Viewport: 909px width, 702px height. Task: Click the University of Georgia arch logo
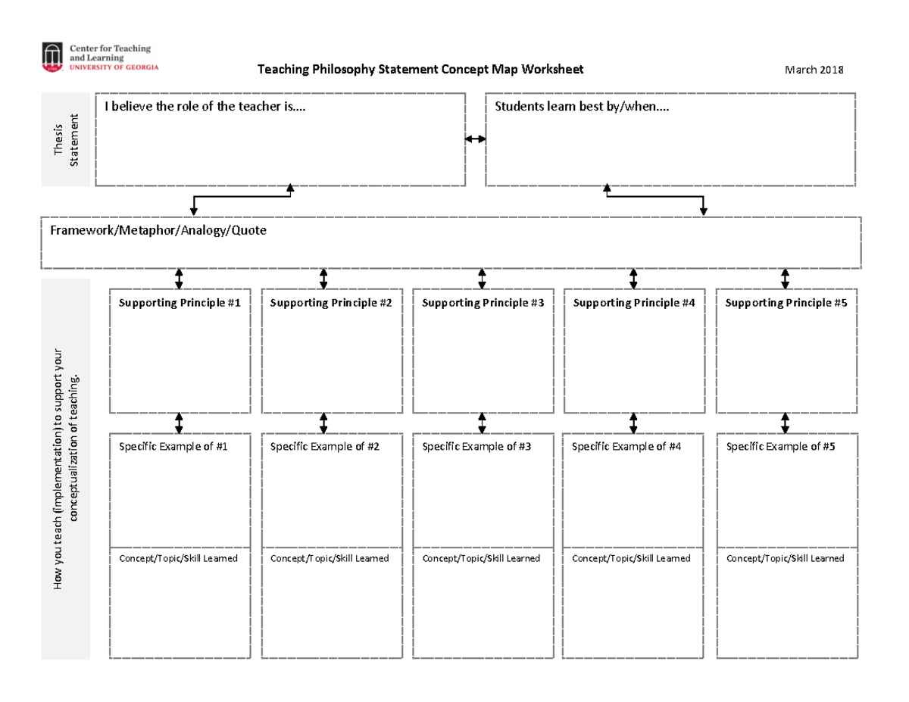pyautogui.click(x=52, y=57)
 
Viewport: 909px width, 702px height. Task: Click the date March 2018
pyautogui.click(x=814, y=70)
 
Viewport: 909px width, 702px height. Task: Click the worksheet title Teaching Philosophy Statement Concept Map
pyautogui.click(x=420, y=70)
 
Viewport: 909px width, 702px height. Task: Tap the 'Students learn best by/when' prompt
pyautogui.click(x=582, y=107)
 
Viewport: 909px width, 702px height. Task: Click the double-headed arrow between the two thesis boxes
pyautogui.click(x=476, y=139)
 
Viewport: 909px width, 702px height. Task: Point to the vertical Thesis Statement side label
pyautogui.click(x=67, y=140)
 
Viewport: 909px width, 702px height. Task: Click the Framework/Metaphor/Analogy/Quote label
pyautogui.click(x=158, y=229)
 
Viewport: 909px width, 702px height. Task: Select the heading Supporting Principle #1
pyautogui.click(x=180, y=303)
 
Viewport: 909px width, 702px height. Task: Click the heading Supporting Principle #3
pyautogui.click(x=483, y=303)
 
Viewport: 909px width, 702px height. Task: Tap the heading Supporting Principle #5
pyautogui.click(x=786, y=303)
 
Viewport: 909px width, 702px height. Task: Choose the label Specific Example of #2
pyautogui.click(x=324, y=447)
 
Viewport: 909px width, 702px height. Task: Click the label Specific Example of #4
pyautogui.click(x=626, y=447)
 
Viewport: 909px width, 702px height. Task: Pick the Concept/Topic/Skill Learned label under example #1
pyautogui.click(x=179, y=558)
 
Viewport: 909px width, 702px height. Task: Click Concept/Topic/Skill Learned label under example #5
pyautogui.click(x=785, y=558)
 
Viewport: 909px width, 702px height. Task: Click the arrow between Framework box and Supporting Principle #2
pyautogui.click(x=323, y=278)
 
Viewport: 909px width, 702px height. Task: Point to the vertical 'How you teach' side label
pyautogui.click(x=67, y=470)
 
